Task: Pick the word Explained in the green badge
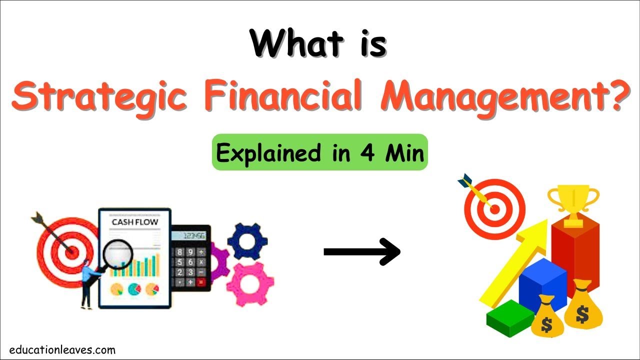pos(258,152)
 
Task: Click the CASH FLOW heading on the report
pos(135,222)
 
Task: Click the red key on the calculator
pos(201,282)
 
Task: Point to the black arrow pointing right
pos(362,251)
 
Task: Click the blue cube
pos(542,285)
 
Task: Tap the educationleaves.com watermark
pos(62,350)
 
